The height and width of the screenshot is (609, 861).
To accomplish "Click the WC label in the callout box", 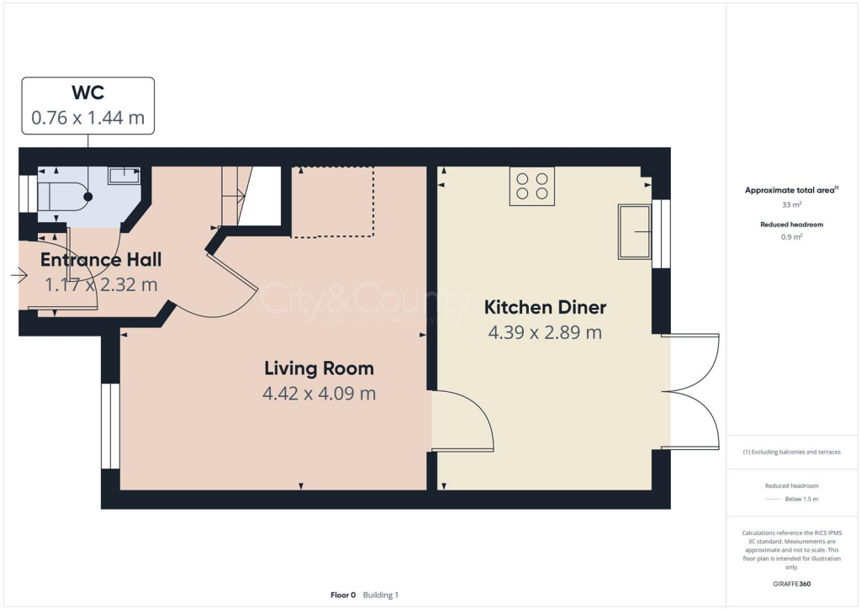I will click(x=87, y=93).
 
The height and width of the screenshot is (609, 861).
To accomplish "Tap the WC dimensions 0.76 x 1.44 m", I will click(x=87, y=118).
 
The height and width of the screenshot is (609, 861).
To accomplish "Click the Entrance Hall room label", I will click(x=101, y=259).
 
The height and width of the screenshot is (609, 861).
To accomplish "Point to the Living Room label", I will click(x=319, y=368).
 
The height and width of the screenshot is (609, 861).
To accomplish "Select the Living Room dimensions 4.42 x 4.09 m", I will click(x=319, y=393).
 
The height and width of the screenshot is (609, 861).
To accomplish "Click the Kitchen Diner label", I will click(x=545, y=307).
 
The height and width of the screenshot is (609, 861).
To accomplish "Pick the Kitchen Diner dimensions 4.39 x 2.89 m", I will click(x=545, y=332).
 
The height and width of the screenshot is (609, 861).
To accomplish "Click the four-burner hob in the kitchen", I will click(x=531, y=187).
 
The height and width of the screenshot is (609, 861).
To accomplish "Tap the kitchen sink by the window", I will click(x=634, y=230).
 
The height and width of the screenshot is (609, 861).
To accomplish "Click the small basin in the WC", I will click(x=125, y=175).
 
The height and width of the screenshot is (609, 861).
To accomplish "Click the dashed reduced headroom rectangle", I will click(x=332, y=202).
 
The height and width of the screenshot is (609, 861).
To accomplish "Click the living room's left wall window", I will click(x=111, y=426).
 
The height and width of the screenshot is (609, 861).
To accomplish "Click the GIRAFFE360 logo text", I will click(x=792, y=583).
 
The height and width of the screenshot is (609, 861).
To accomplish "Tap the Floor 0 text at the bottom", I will click(x=343, y=595).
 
